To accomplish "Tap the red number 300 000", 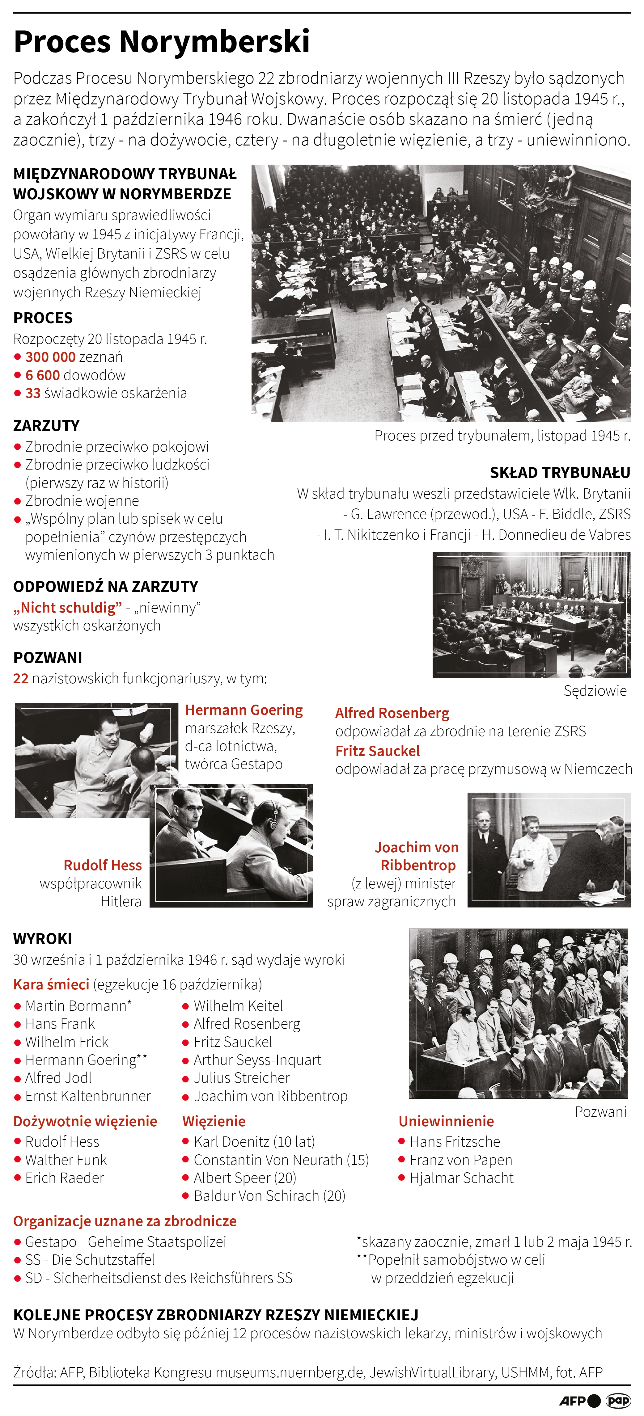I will (50, 357).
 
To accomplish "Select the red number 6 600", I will (42, 375).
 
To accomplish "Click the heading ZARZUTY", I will (46, 425).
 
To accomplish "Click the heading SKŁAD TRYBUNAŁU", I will (560, 473).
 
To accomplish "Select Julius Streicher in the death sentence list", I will (241, 1078).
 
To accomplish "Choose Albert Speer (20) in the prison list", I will (245, 1178).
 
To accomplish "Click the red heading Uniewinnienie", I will (446, 1121).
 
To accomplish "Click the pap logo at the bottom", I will (618, 1401).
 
